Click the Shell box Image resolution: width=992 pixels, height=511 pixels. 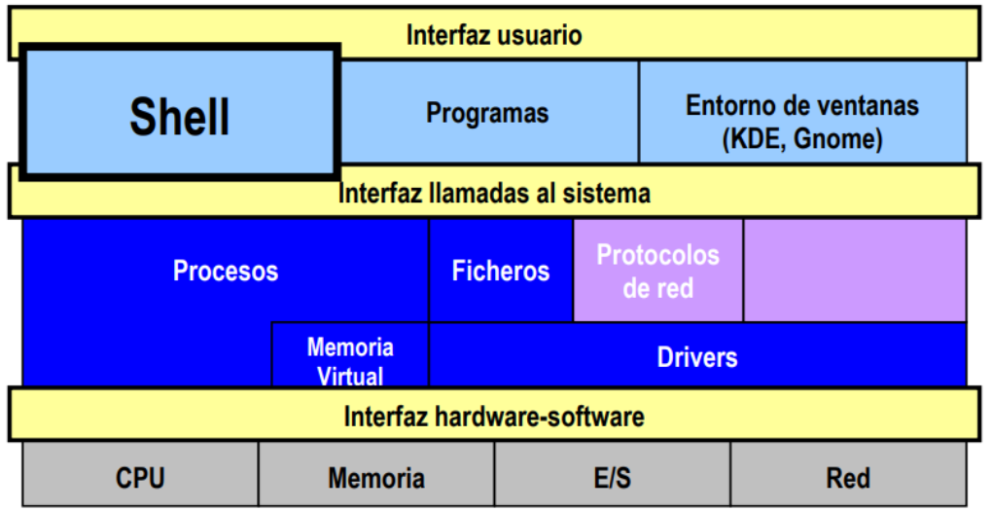pyautogui.click(x=180, y=112)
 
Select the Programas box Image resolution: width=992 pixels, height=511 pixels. pyautogui.click(x=489, y=112)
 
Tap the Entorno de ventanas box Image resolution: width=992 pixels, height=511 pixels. pyautogui.click(x=802, y=112)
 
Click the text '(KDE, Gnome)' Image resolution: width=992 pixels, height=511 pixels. pyautogui.click(x=802, y=138)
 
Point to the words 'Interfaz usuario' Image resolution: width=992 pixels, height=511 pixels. pyautogui.click(x=494, y=35)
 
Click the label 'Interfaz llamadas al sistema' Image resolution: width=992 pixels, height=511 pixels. pyautogui.click(x=494, y=193)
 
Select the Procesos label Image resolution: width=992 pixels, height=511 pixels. pyautogui.click(x=226, y=271)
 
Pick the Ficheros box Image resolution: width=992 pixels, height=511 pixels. pyautogui.click(x=501, y=271)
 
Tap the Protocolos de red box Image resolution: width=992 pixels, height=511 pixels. pyautogui.click(x=658, y=271)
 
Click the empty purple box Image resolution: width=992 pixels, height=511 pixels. pyautogui.click(x=855, y=271)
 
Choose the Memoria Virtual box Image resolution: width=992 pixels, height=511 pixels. pyautogui.click(x=350, y=354)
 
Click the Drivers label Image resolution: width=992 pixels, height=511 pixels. pyautogui.click(x=697, y=357)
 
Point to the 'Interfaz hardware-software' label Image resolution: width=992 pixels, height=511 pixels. pyautogui.click(x=494, y=417)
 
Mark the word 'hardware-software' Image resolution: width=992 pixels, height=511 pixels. pyautogui.click(x=540, y=417)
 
